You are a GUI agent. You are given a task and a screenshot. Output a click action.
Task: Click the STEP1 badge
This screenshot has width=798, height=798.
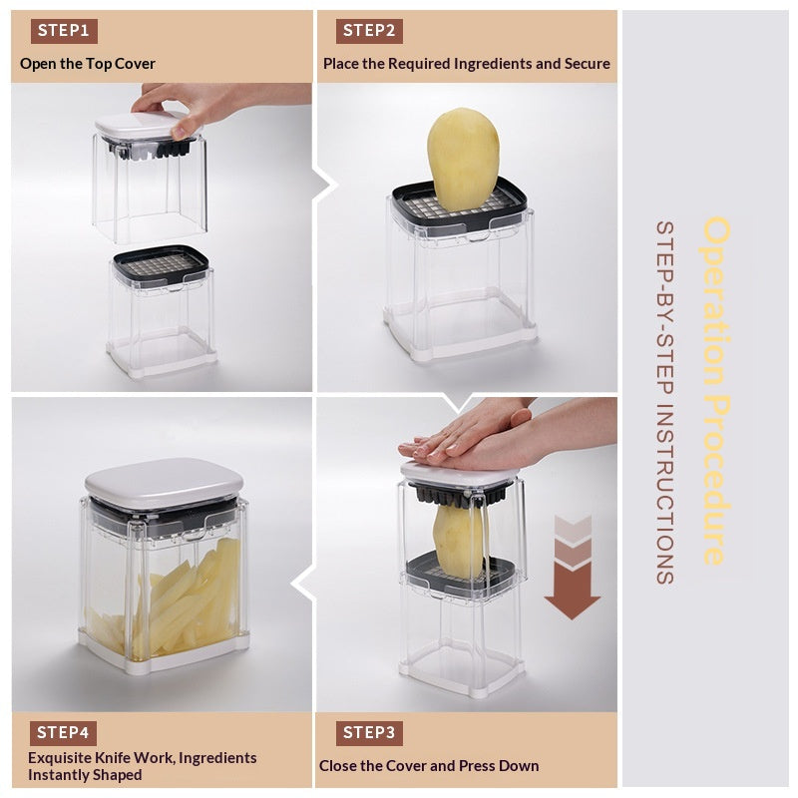coord(64,31)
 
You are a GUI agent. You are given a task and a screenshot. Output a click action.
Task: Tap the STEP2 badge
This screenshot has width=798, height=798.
coord(369,31)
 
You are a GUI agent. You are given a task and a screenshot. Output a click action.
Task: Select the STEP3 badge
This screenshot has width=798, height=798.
coord(369,733)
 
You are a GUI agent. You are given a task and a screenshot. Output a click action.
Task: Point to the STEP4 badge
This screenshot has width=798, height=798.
coord(63,733)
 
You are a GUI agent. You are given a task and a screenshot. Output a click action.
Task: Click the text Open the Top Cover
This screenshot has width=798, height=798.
coord(88,64)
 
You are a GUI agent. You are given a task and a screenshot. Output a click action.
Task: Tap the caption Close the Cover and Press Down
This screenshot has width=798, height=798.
coord(429,766)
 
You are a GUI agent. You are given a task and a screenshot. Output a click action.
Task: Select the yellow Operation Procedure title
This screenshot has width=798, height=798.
coord(716,390)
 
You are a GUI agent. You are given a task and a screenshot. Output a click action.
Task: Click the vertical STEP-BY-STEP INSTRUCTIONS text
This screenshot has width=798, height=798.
coord(665,403)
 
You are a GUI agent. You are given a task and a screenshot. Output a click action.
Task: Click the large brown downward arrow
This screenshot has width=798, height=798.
coord(573,568)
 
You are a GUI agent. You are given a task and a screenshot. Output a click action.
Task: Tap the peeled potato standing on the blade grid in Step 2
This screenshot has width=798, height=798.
coord(463,160)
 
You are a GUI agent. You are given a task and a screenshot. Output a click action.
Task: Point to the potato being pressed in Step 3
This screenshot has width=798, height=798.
coord(459,541)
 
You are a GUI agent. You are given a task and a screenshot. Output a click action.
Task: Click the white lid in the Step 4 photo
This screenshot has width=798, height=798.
coord(164,483)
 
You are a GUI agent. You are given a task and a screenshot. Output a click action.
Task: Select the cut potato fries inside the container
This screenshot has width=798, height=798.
coord(168,603)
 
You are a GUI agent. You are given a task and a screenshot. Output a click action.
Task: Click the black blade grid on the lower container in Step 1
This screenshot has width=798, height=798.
coord(161,264)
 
